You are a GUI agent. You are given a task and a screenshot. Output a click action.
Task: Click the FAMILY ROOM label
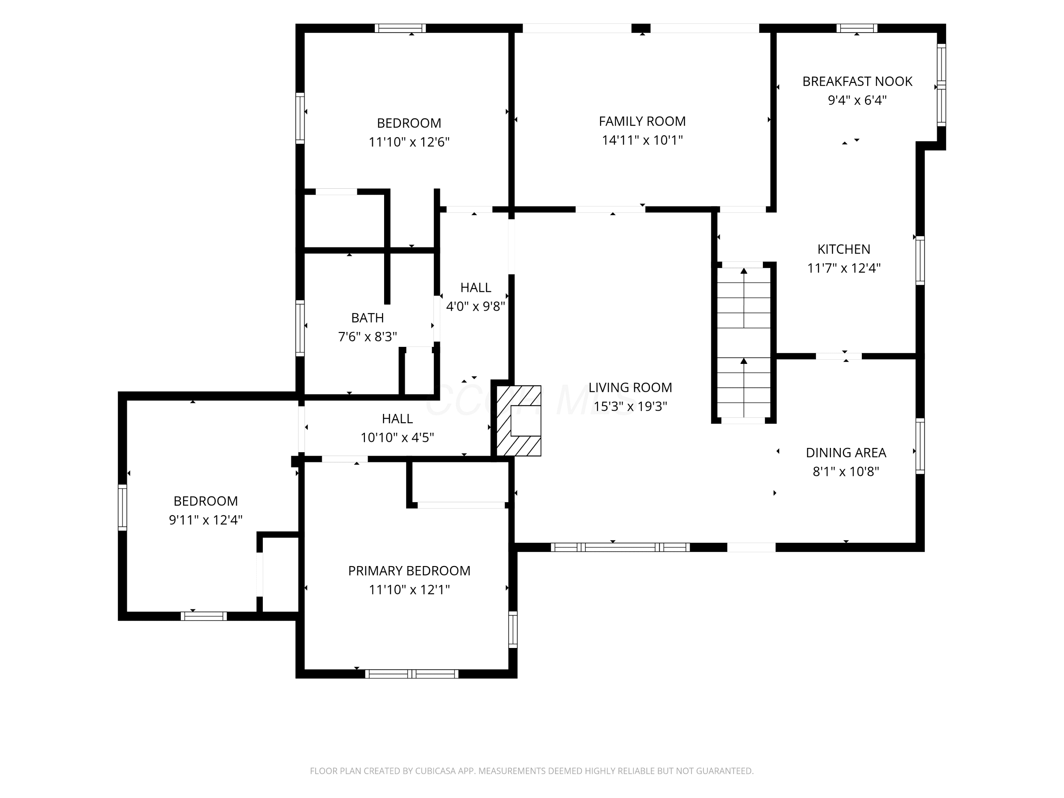point(642,121)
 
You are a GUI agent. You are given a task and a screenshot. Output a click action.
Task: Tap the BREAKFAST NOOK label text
point(857,81)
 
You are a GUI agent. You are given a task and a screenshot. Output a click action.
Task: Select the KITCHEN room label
point(844,249)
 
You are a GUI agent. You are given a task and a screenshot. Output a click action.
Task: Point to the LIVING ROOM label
point(630,387)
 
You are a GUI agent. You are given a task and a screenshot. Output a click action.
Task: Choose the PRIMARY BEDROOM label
point(409,571)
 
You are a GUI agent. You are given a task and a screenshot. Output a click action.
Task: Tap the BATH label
point(367,318)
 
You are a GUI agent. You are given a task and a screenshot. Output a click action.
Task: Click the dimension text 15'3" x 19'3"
point(630,406)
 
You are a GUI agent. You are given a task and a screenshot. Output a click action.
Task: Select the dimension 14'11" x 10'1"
point(642,140)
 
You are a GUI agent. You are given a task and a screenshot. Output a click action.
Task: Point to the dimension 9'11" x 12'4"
point(205,520)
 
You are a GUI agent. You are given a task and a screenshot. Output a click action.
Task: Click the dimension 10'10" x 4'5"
point(397,438)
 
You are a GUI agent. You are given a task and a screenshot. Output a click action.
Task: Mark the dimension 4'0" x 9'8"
point(475,306)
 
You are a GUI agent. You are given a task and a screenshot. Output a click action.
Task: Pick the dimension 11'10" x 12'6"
point(409,142)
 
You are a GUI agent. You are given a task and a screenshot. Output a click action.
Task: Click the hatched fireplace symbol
point(519,420)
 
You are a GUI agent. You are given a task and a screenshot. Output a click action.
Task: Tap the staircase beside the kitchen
point(744,343)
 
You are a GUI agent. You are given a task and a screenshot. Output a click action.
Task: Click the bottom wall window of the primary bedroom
point(412,674)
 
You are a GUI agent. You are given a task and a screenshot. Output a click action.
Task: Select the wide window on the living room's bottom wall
point(620,547)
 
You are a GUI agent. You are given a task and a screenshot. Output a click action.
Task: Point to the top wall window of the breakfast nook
point(857,28)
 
